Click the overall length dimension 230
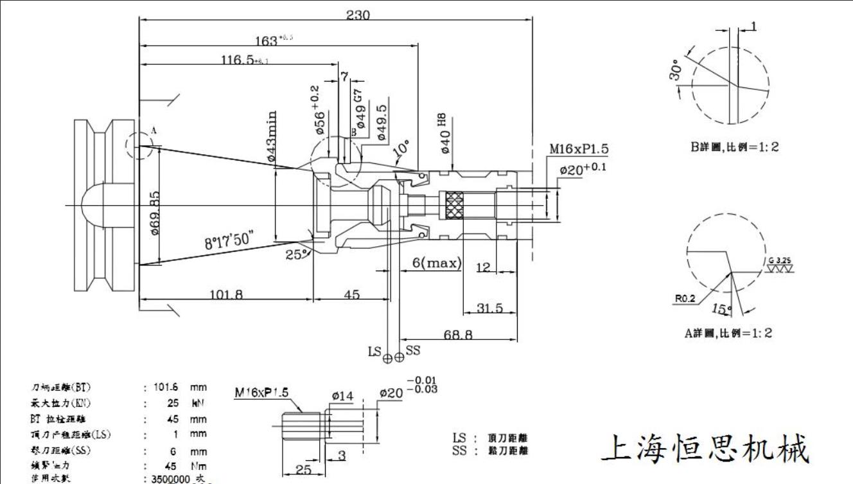358,15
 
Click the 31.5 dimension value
490,309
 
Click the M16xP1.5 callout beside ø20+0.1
578,149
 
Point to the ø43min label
272,136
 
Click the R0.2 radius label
685,298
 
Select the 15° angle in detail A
721,310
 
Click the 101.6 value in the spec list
168,388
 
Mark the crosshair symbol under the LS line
387,358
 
